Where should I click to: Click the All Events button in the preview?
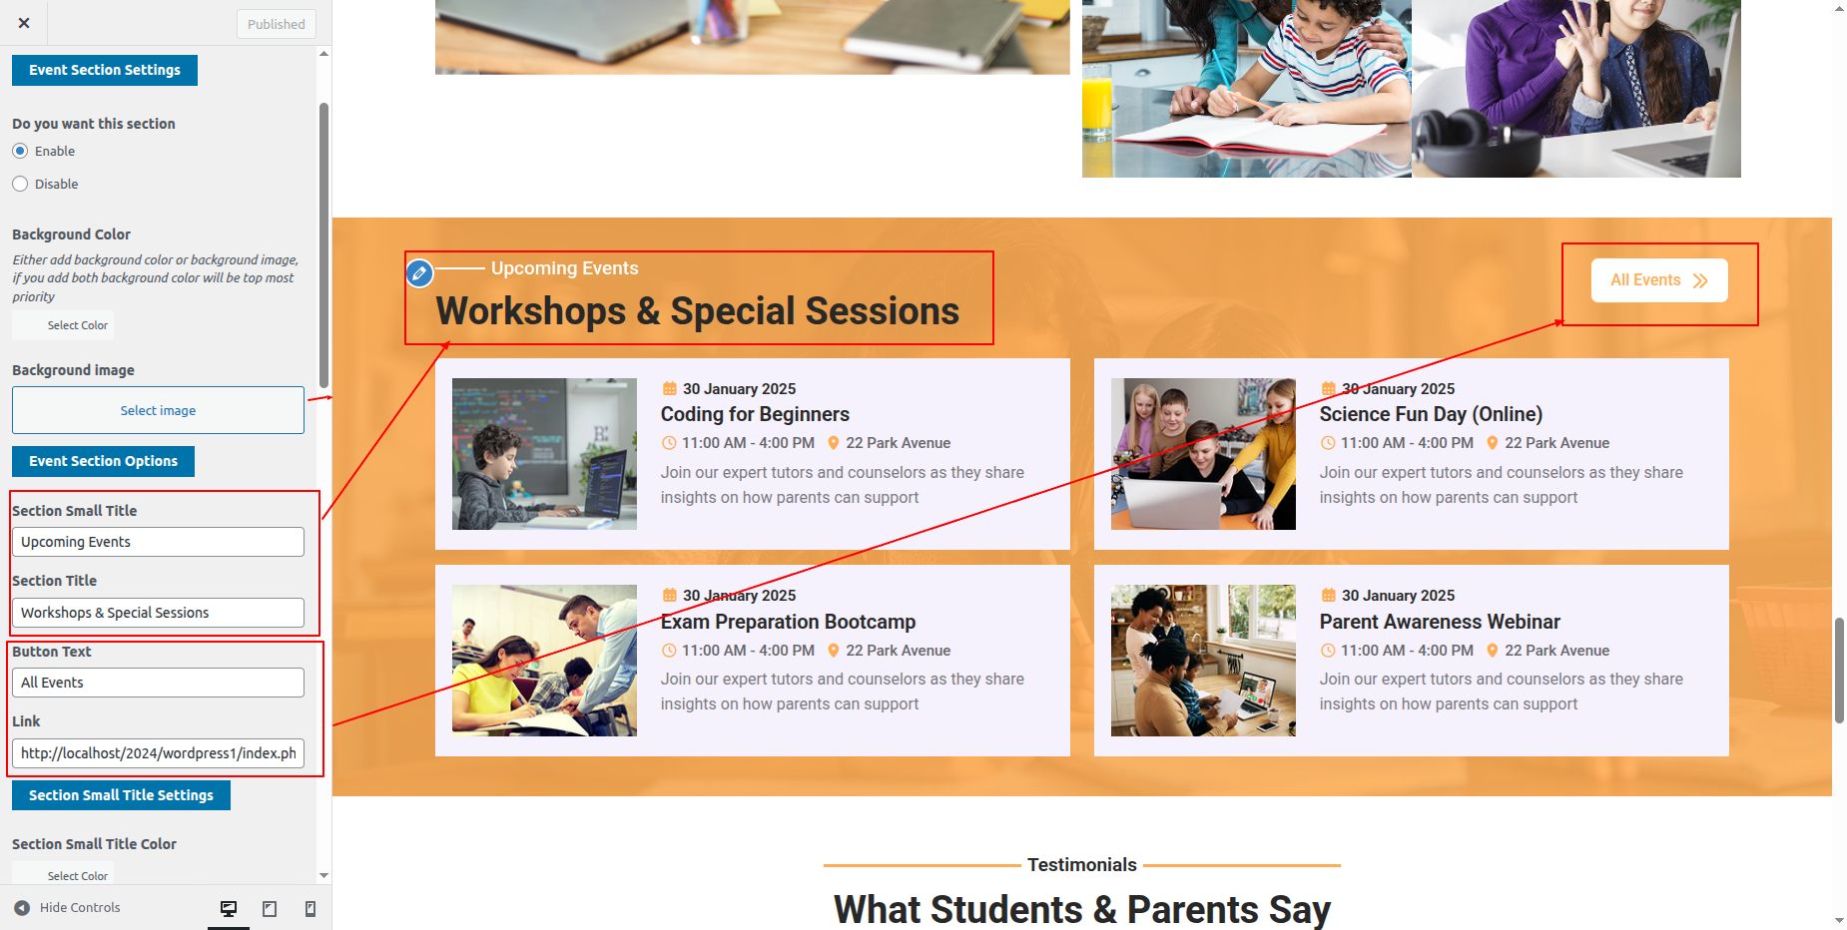(x=1659, y=280)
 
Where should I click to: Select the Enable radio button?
(x=20, y=151)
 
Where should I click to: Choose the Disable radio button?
(x=20, y=184)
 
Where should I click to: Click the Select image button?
(x=158, y=410)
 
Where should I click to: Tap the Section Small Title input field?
(x=158, y=542)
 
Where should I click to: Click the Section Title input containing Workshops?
(x=158, y=613)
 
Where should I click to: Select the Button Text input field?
(x=158, y=683)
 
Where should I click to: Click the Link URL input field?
(x=158, y=753)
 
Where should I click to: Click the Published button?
(x=277, y=24)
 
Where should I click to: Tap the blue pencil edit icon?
(x=420, y=272)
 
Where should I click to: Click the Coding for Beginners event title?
(x=755, y=414)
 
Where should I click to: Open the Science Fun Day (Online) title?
(x=1431, y=414)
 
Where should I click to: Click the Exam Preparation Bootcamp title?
(x=788, y=622)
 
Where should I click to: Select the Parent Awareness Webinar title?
(x=1440, y=622)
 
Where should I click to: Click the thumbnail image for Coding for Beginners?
(x=544, y=454)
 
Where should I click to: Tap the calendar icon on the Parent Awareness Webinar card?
(x=1328, y=596)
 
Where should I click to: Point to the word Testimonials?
(x=1082, y=865)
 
